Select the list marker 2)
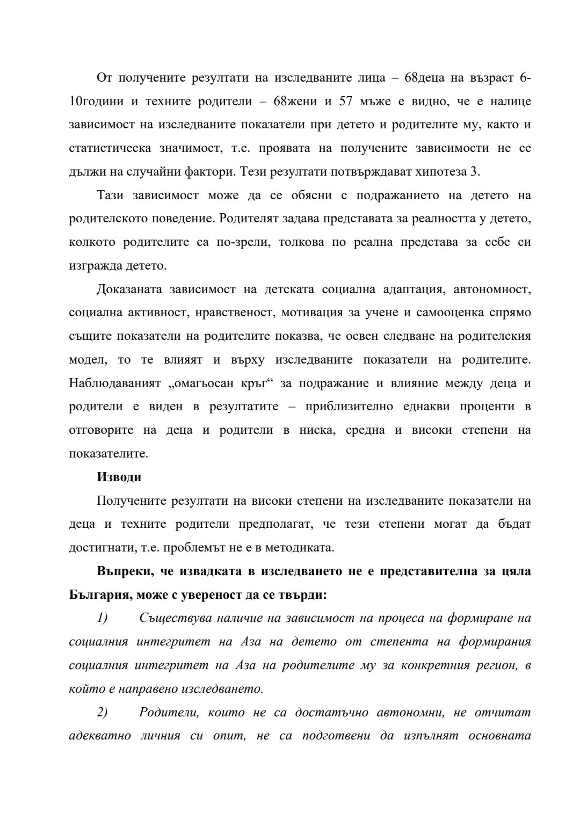click(x=102, y=713)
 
